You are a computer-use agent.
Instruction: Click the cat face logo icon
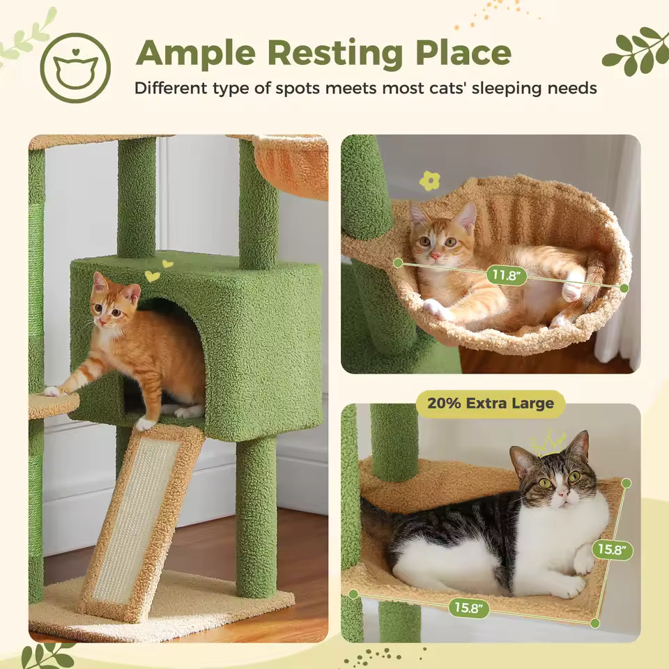(75, 68)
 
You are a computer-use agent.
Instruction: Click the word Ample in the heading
(198, 53)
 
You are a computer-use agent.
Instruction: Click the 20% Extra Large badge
(491, 403)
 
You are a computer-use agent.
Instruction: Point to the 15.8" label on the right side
(613, 550)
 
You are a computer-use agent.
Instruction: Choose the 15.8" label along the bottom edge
(468, 607)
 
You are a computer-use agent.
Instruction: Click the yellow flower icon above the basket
(429, 181)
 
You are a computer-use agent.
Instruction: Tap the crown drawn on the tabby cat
(549, 443)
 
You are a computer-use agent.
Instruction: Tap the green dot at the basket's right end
(624, 288)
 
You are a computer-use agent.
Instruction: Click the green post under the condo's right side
(256, 516)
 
